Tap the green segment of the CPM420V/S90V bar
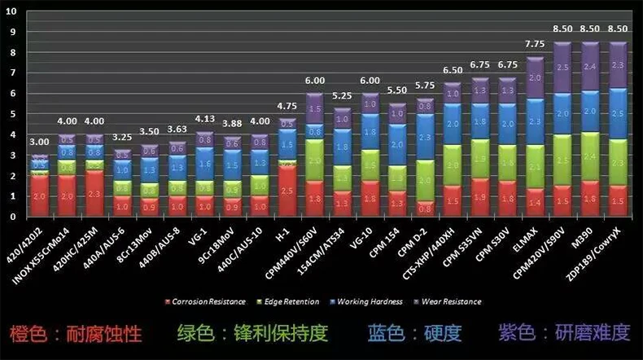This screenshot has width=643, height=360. point(562,160)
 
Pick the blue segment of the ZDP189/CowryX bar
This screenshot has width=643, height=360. point(618,113)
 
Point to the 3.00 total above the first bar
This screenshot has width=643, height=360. point(39,142)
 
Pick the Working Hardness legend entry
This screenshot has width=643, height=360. point(368,302)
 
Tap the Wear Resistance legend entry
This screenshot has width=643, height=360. point(448,302)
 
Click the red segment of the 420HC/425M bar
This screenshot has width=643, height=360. point(95,194)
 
